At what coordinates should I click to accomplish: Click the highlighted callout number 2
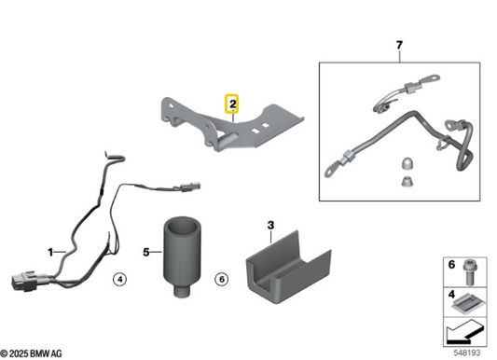(x=232, y=104)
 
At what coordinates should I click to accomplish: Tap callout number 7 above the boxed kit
(x=399, y=45)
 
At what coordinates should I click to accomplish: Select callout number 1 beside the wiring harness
(x=50, y=252)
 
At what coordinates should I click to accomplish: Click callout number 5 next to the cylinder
(x=146, y=252)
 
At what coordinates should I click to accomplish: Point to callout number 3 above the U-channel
(x=270, y=226)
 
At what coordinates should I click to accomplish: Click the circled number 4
(x=119, y=279)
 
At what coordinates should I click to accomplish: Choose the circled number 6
(x=222, y=279)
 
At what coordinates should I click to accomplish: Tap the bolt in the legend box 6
(x=470, y=272)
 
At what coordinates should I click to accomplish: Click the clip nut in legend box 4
(x=467, y=304)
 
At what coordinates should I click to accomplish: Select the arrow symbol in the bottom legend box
(x=464, y=333)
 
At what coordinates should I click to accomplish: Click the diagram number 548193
(x=466, y=353)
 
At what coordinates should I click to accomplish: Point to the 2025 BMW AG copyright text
(x=31, y=353)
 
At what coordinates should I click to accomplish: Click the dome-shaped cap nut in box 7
(x=407, y=164)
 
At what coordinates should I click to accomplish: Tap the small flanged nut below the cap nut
(x=407, y=182)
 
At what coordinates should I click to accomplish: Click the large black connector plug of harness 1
(x=22, y=281)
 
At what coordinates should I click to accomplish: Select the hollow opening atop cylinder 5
(x=182, y=227)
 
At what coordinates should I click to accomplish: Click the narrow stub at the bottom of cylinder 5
(x=182, y=291)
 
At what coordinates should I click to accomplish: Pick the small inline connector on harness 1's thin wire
(x=189, y=187)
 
